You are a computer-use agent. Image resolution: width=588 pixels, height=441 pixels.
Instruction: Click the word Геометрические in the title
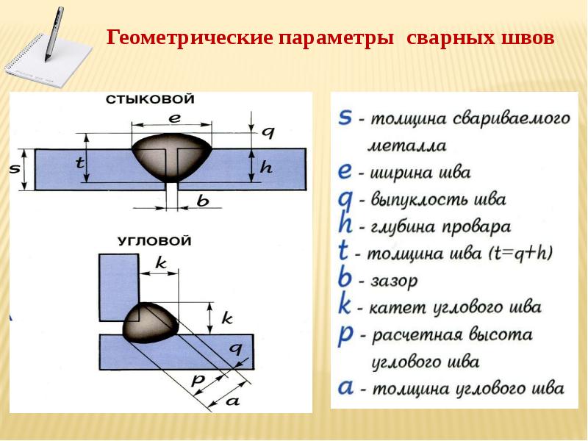190,37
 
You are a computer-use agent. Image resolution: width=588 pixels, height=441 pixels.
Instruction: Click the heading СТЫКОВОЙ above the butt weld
150,99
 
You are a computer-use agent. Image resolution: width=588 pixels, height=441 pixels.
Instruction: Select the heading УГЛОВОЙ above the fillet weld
154,240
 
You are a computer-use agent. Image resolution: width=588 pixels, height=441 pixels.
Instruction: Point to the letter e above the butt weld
175,118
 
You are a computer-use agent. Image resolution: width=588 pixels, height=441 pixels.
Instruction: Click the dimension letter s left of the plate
14,169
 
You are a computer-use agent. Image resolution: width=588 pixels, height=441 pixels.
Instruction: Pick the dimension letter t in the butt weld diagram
79,162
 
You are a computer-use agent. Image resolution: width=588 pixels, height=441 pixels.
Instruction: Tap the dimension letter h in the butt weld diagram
266,167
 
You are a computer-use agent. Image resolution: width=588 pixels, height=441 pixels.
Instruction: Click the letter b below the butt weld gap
203,201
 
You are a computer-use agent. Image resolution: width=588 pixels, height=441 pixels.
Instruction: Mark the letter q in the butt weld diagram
268,133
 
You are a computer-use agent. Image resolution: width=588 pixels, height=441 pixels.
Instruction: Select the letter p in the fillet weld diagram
198,380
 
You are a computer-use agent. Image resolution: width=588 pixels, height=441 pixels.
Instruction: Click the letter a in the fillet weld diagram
232,401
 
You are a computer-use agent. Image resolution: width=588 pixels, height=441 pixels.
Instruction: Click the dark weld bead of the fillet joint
151,323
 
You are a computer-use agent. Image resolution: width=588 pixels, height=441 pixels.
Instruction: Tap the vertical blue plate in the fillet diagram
119,287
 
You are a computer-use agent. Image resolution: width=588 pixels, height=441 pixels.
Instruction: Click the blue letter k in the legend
345,305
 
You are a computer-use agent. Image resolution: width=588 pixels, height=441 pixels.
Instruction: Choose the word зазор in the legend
394,281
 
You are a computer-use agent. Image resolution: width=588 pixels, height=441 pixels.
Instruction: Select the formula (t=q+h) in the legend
521,254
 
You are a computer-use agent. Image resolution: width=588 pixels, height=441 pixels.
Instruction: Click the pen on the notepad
54,34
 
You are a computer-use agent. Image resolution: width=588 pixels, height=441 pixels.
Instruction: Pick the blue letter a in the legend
345,387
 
